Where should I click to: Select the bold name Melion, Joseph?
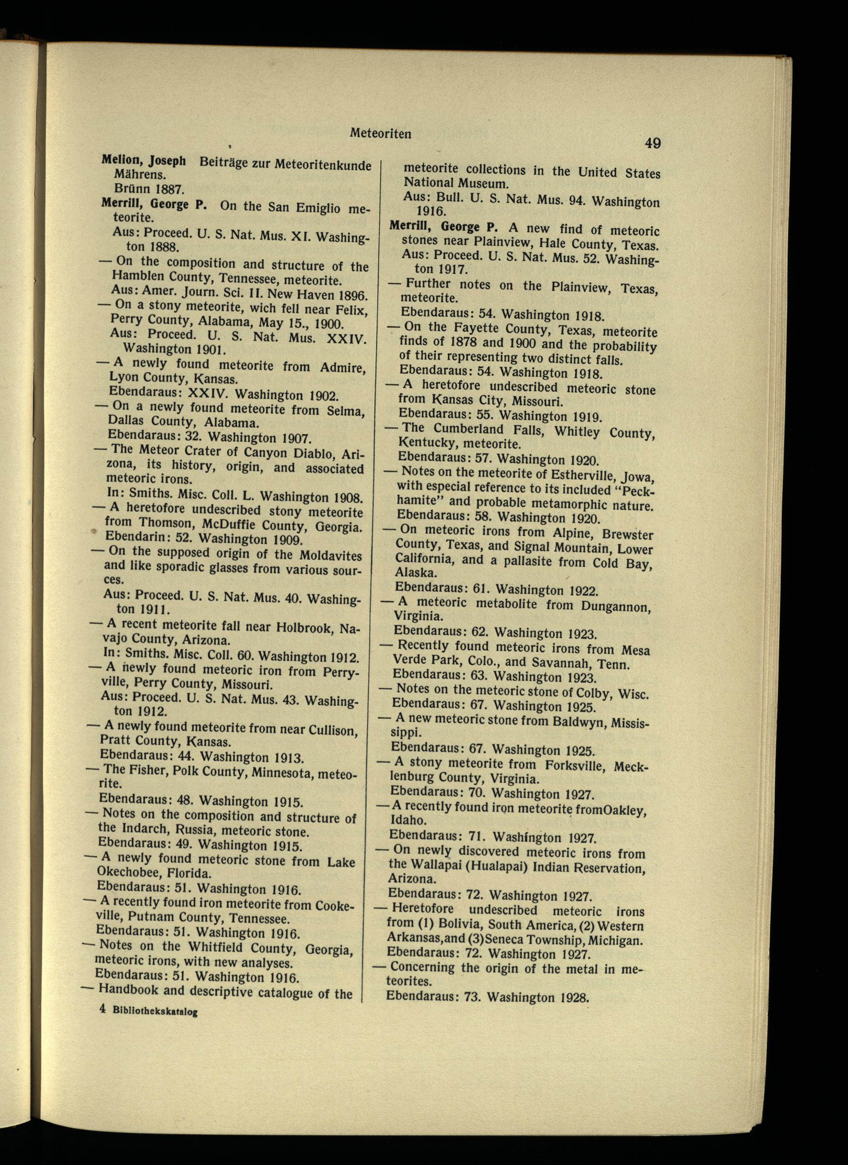143,160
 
